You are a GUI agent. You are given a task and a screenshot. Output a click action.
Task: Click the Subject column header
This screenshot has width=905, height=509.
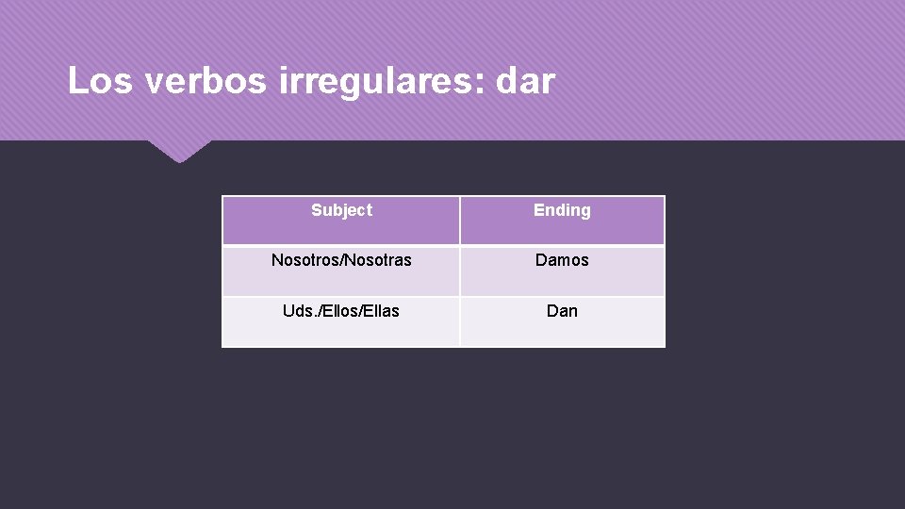point(341,210)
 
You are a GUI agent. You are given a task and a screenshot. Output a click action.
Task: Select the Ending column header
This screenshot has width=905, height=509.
point(562,210)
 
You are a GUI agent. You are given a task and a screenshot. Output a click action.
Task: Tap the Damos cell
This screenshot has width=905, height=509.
point(562,260)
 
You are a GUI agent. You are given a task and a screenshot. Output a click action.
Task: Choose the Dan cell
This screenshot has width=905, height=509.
point(562,310)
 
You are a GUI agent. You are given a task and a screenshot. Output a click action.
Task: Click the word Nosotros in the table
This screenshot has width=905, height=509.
point(304,260)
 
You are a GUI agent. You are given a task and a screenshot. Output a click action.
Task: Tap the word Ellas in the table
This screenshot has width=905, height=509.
point(381,310)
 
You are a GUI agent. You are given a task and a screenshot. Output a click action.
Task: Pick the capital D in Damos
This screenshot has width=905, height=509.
point(541,260)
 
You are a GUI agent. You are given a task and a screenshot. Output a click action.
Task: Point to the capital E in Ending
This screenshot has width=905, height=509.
point(538,210)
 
